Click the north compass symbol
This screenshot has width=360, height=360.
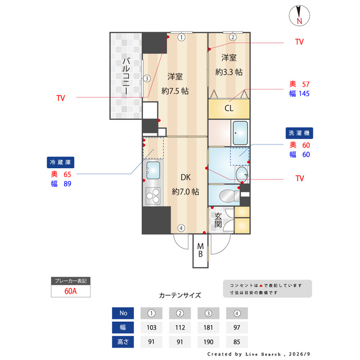(x=299, y=16)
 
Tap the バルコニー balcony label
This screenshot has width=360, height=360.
(x=126, y=76)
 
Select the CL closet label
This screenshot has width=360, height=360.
(x=229, y=108)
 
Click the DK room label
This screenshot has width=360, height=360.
(x=186, y=177)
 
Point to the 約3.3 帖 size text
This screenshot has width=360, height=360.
(x=229, y=72)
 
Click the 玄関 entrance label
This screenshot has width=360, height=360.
(x=218, y=220)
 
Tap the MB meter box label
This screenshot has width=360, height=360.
(x=200, y=250)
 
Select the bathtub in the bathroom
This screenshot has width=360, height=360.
(x=240, y=133)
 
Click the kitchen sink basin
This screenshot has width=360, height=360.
(x=153, y=170)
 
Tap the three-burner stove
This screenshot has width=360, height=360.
(x=153, y=196)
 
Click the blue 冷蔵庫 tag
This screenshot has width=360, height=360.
(x=61, y=163)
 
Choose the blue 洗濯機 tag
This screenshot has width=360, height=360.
(x=299, y=133)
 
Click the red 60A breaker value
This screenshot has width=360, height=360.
(x=70, y=291)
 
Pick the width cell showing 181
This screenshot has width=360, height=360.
(x=208, y=327)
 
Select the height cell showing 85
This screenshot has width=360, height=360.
(x=237, y=342)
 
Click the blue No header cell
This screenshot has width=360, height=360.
(x=123, y=313)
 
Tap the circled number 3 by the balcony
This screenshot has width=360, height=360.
(x=147, y=79)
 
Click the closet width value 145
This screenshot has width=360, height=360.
(x=304, y=94)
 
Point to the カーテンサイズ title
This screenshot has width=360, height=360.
(x=180, y=295)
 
